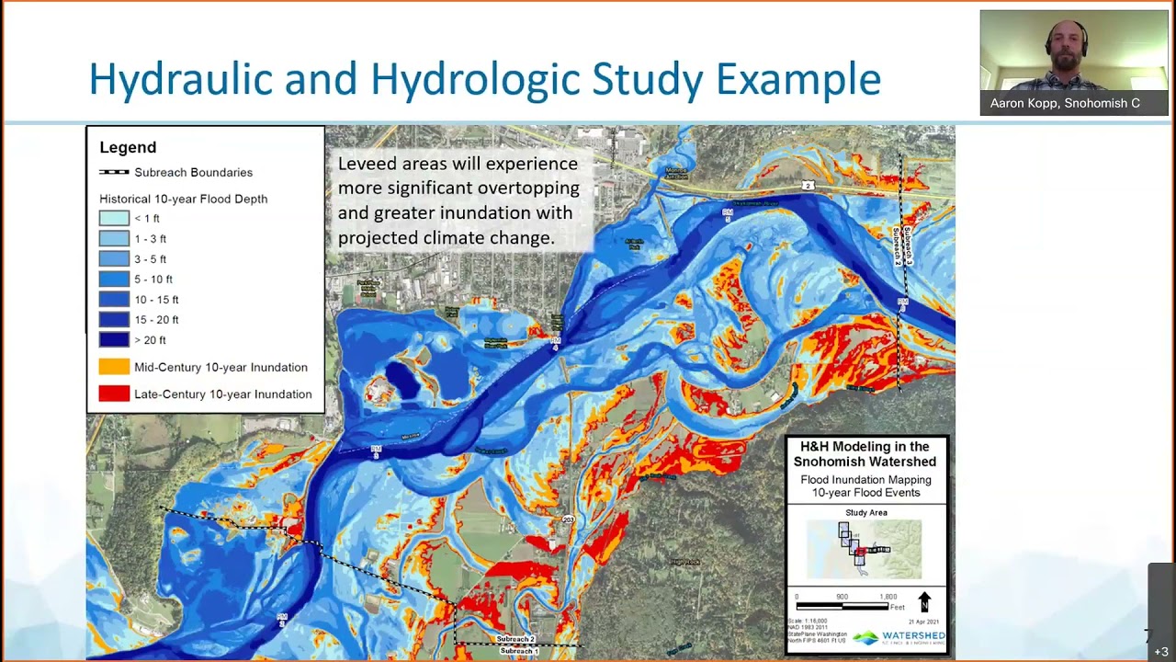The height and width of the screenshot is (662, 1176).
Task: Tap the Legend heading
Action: point(128,147)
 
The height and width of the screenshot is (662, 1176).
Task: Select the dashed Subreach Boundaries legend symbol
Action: point(114,173)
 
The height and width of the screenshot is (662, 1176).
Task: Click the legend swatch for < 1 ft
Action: point(114,219)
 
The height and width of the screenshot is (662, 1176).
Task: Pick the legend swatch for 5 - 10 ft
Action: point(114,280)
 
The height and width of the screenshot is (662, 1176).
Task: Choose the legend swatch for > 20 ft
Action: point(114,340)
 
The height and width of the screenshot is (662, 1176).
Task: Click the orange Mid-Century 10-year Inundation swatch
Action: point(114,367)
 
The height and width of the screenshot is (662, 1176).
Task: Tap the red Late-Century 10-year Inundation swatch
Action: point(114,394)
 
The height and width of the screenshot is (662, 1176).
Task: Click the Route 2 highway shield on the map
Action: point(808,186)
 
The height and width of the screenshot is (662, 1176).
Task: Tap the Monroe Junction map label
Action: point(676,172)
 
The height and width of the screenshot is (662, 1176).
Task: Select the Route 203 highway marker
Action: point(569,520)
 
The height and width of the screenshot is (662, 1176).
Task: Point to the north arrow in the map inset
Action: point(924,602)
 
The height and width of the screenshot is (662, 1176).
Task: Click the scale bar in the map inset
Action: point(842,606)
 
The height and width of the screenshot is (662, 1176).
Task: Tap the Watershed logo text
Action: point(912,636)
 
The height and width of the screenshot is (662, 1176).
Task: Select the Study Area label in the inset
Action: point(865,513)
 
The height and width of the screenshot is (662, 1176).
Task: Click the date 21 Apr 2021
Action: point(924,622)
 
